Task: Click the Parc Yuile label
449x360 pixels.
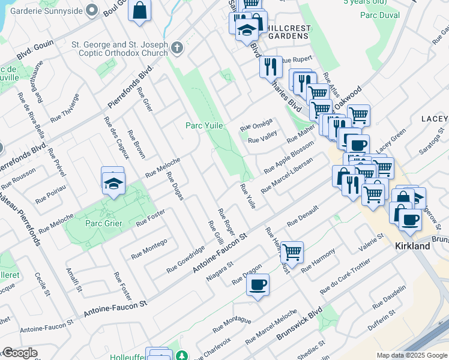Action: point(203,125)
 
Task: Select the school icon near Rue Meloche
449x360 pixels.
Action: point(112,184)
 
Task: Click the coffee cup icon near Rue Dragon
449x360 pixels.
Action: point(258,284)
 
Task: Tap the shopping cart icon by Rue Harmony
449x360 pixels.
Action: point(292,252)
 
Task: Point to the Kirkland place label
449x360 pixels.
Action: point(412,247)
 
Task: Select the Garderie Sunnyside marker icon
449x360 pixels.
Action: point(91,10)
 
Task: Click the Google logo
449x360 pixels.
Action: point(20,353)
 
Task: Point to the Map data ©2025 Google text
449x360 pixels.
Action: point(411,355)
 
